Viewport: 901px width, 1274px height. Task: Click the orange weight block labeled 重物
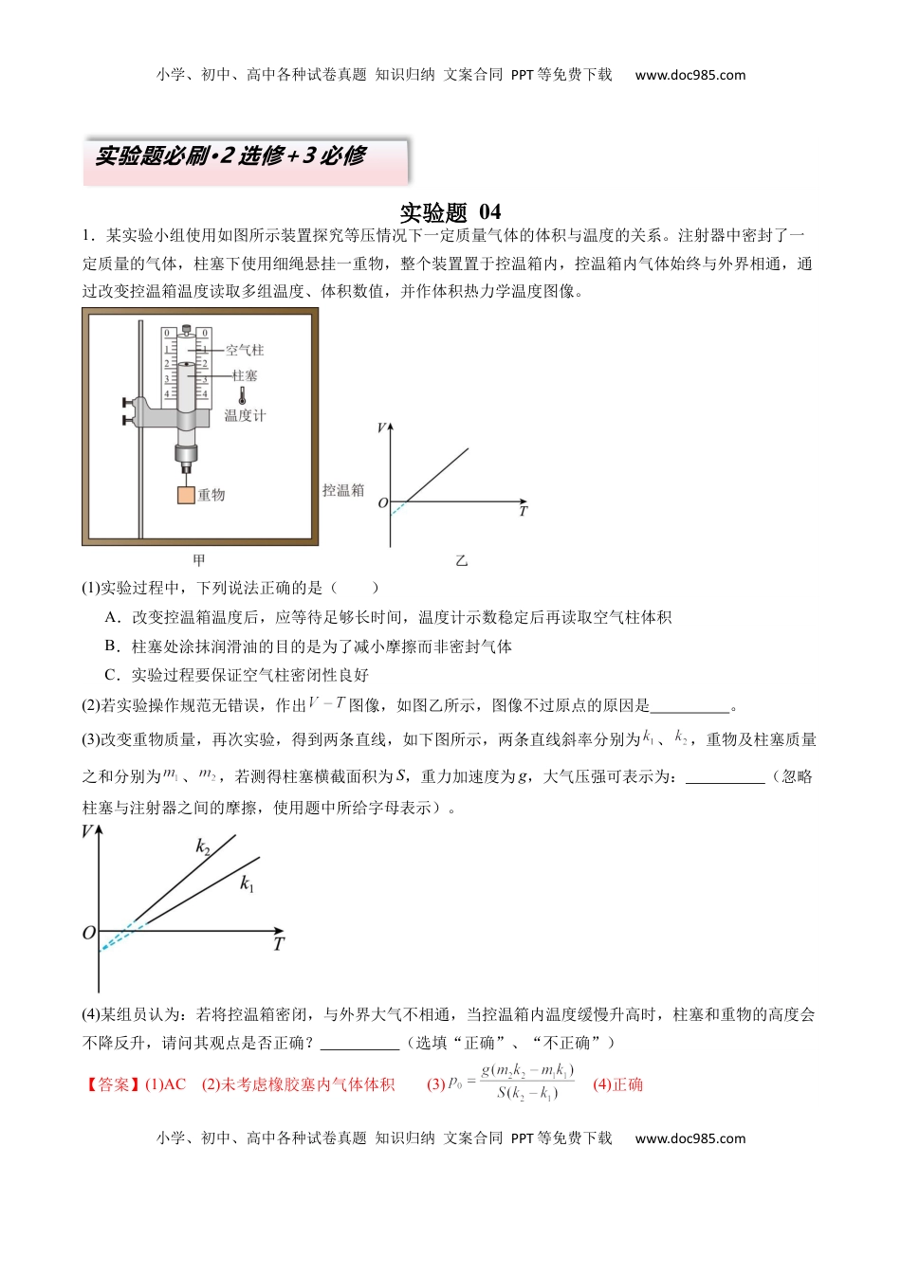[186, 494]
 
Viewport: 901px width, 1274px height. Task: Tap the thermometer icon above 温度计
[243, 394]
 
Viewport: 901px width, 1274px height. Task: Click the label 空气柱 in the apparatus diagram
[245, 350]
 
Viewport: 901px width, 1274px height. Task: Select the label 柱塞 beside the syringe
[245, 375]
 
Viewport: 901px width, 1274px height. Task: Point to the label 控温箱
[342, 490]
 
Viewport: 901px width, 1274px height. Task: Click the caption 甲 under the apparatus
[199, 560]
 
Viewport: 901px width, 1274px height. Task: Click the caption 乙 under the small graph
[461, 561]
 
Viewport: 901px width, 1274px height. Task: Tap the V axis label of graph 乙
[381, 428]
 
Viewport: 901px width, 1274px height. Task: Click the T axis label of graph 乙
[523, 512]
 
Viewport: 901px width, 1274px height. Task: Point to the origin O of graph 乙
[383, 503]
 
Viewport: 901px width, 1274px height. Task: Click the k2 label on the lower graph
[203, 846]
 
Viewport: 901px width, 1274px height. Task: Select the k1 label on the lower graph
[247, 884]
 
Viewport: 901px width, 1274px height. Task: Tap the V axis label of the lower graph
[87, 832]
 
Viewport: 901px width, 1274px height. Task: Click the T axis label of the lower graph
[278, 944]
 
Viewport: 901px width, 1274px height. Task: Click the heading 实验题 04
[450, 211]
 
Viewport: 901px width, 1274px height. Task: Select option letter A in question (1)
[112, 617]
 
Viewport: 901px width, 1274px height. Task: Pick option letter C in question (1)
[112, 675]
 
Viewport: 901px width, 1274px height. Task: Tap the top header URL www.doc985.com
[690, 75]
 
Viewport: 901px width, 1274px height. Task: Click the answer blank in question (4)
[359, 1043]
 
